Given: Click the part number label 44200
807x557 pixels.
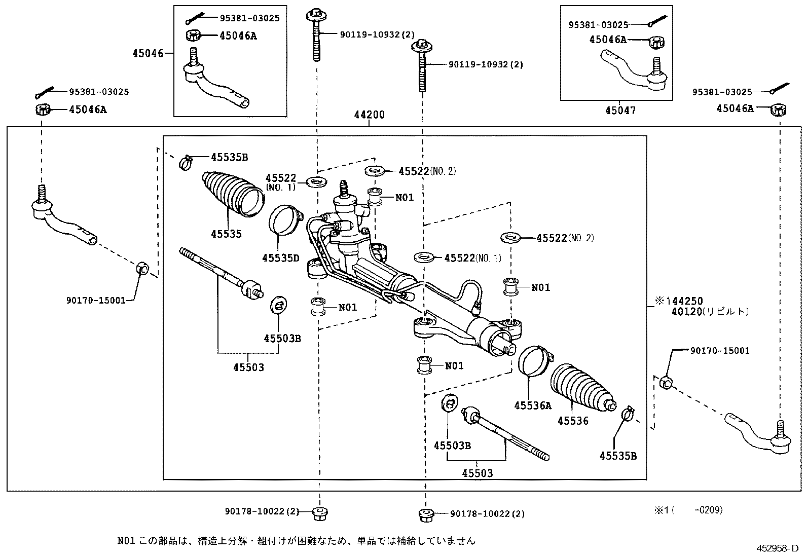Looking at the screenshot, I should [369, 115].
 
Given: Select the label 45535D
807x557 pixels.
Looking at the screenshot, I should [280, 258].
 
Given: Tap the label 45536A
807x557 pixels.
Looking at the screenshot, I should [532, 405].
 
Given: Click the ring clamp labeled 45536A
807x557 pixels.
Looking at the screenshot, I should [533, 361].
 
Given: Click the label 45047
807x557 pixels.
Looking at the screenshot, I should [620, 110].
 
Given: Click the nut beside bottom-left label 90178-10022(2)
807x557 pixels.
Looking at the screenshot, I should [319, 512].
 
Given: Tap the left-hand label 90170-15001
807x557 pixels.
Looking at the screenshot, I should [96, 300].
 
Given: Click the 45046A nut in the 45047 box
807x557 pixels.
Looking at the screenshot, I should [656, 42].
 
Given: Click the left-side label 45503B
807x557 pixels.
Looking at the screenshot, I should [282, 338].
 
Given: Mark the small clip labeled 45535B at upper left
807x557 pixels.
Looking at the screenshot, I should [187, 162].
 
